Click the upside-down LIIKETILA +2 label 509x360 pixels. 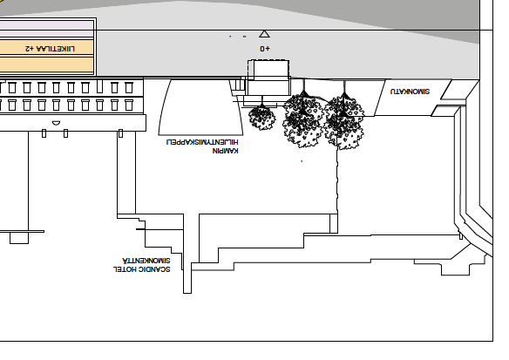(x=50, y=48)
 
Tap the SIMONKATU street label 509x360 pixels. (x=410, y=92)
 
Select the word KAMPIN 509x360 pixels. (x=225, y=151)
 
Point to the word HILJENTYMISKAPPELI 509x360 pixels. (x=202, y=142)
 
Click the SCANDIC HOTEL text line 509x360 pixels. (x=141, y=269)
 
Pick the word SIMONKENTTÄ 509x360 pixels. (x=146, y=261)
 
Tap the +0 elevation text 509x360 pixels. (x=265, y=49)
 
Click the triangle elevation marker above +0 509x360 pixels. (x=265, y=34)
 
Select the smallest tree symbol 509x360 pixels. (x=262, y=118)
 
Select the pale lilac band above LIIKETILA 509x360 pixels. (x=47, y=29)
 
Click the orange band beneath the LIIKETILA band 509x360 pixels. (x=47, y=65)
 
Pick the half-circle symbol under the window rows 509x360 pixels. (x=56, y=124)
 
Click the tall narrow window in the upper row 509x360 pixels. (x=99, y=86)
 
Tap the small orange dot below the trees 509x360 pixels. (x=302, y=161)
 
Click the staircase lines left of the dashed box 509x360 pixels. (x=238, y=86)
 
